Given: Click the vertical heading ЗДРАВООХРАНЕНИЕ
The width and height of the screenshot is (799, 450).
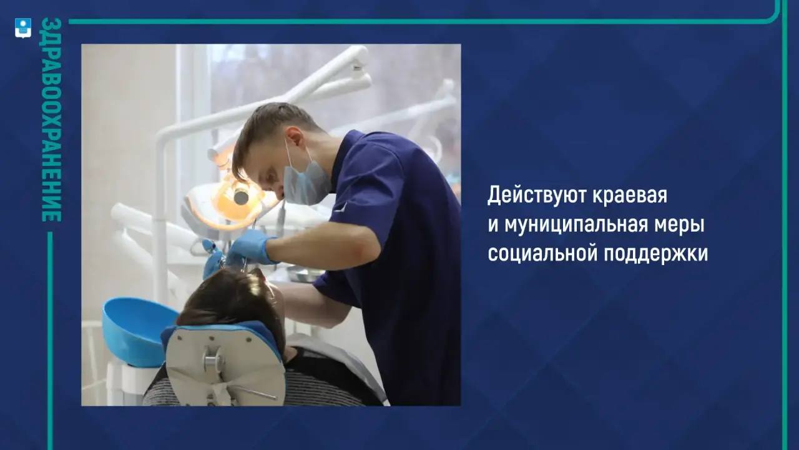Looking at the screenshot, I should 51,119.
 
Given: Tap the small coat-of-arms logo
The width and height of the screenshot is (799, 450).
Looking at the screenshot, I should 23,28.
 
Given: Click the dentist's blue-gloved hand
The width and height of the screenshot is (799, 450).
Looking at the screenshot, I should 250,247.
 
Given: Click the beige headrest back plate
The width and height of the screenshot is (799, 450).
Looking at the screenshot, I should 225,366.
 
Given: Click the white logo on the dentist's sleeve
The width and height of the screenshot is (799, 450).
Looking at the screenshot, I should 341,206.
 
